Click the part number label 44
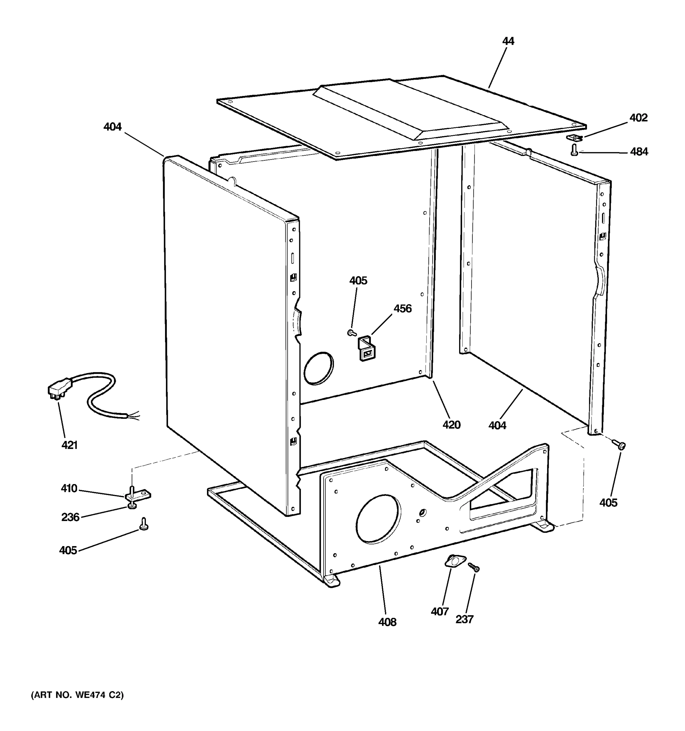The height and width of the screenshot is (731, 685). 508,41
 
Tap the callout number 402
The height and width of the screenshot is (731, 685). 638,118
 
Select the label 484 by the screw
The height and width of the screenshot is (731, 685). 639,151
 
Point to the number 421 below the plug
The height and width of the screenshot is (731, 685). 69,445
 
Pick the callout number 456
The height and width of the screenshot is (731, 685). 402,309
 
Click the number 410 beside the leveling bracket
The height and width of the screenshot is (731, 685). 69,489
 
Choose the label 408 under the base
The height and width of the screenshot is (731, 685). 387,622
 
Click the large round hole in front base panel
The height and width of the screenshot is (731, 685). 378,518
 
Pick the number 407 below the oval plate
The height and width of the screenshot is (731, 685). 440,612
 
